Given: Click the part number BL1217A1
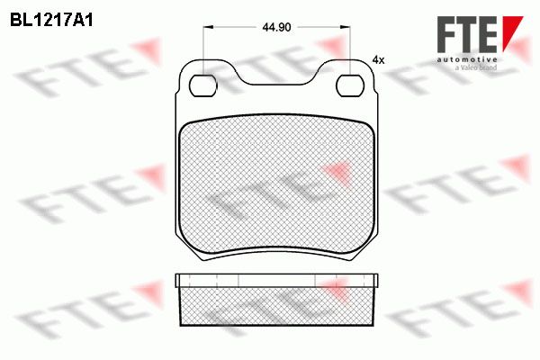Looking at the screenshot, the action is coord(51,21).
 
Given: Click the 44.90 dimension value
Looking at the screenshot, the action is coord(276,27).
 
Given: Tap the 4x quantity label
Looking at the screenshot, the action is coord(378,60).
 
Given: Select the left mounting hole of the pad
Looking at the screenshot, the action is coord(203,85).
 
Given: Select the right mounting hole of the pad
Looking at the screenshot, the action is coord(350,85).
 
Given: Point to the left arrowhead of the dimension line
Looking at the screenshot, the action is coord(209,27).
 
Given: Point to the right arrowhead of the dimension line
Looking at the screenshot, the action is coord(345,27).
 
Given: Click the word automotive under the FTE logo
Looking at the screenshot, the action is coord(467,59).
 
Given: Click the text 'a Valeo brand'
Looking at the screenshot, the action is coord(476,67).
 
